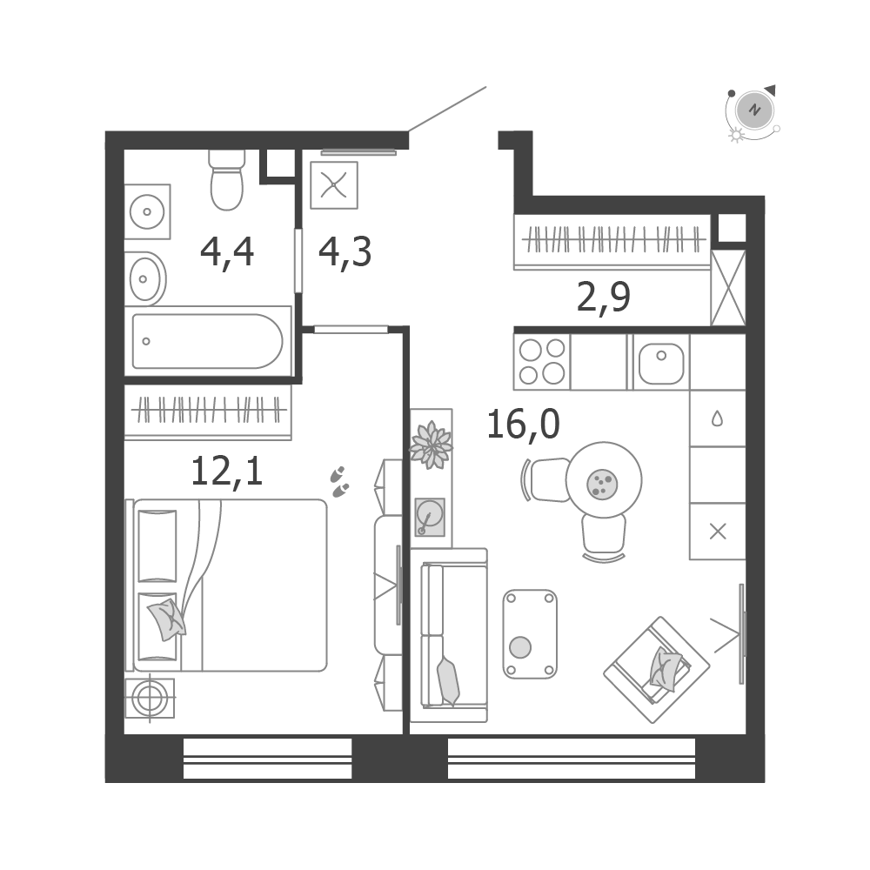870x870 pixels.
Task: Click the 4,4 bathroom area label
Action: point(227,253)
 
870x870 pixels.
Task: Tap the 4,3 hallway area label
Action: point(345,253)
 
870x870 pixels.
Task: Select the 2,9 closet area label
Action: point(604,298)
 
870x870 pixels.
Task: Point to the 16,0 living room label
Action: point(523,424)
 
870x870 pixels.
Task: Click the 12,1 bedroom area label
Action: point(226,471)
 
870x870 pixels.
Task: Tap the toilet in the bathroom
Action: point(227,180)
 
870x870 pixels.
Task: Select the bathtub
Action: point(208,341)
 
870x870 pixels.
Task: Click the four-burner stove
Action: point(542,362)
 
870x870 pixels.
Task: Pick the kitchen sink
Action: point(661,363)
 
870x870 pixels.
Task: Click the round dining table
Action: point(604,480)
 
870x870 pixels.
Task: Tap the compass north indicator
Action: point(754,110)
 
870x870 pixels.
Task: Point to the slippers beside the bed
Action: point(339,482)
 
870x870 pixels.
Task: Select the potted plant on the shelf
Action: point(431,445)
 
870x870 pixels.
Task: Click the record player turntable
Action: point(430,517)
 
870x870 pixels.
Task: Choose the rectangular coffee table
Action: point(530,634)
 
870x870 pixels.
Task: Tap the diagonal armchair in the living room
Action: point(656,670)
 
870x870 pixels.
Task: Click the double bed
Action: point(226,586)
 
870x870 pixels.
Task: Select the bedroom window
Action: point(267,758)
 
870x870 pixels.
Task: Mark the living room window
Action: point(572,758)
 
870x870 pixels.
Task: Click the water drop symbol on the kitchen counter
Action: point(718,418)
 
